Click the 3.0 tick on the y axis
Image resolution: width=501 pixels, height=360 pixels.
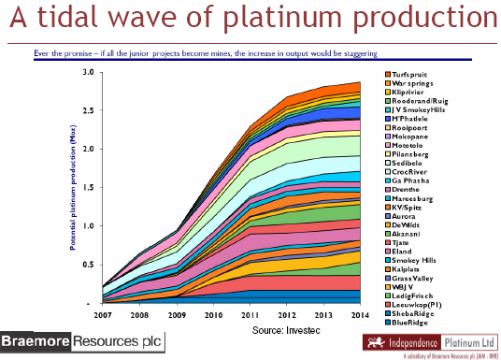pos(86,72)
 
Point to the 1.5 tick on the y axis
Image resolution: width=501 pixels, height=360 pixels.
pos(86,187)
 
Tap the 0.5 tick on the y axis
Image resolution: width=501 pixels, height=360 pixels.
pos(86,265)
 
